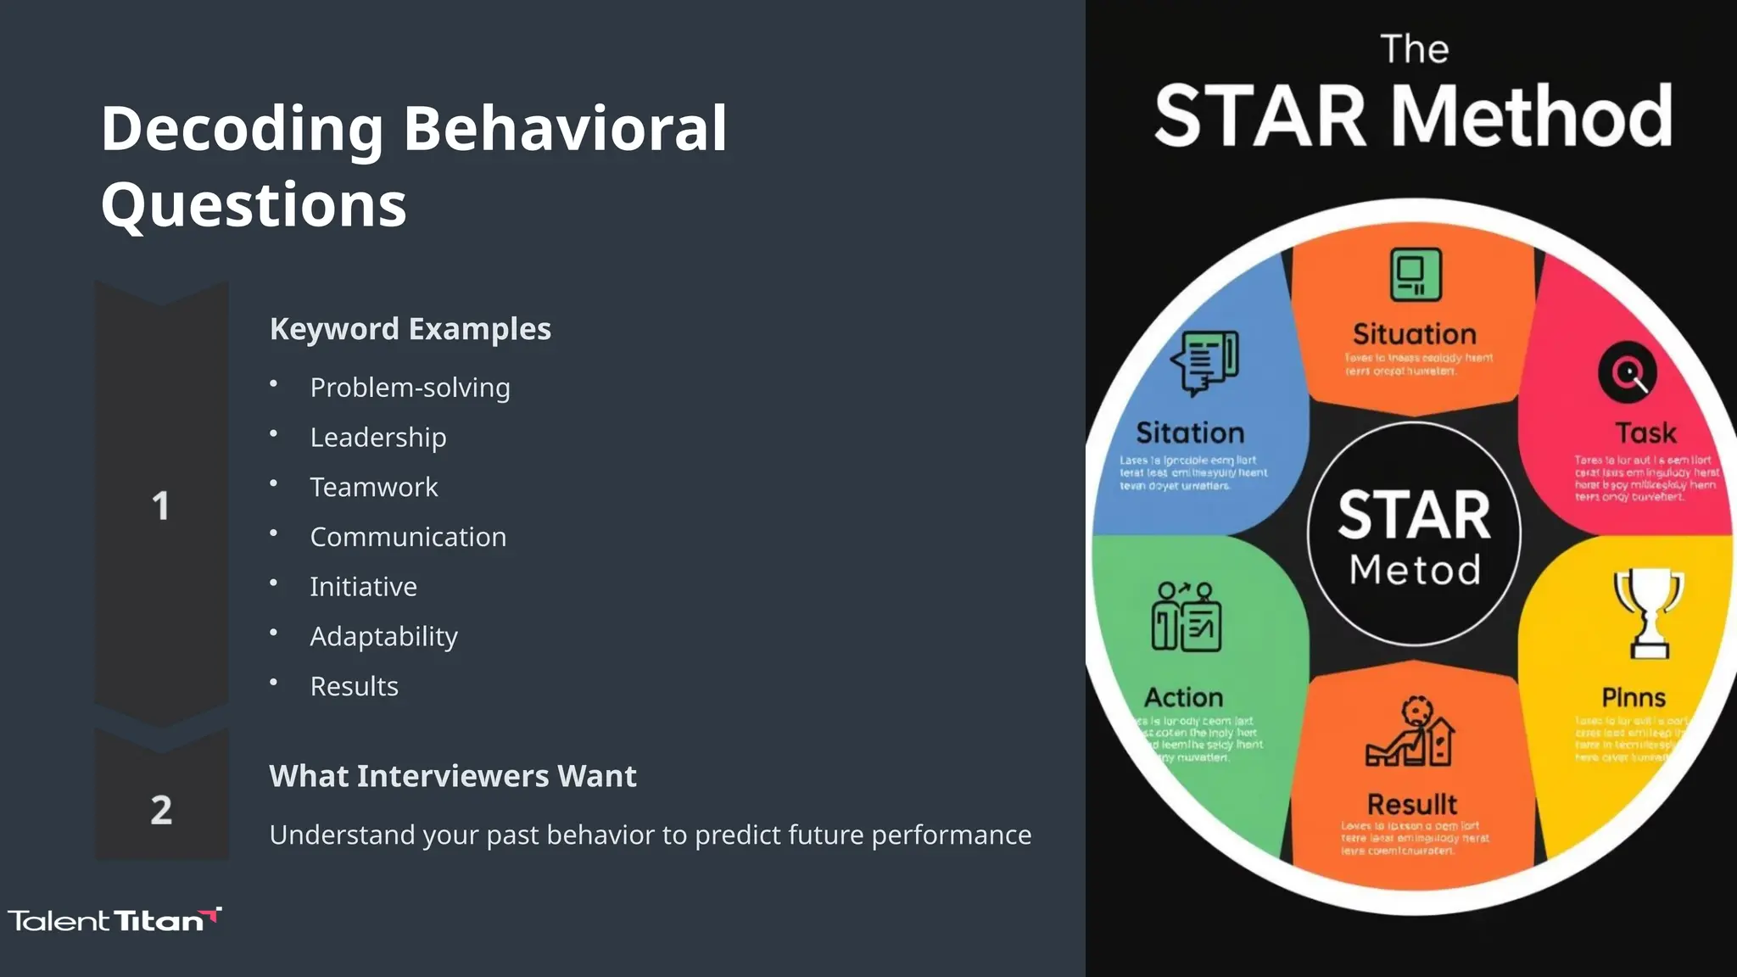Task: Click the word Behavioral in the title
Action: [564, 129]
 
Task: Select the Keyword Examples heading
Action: [410, 329]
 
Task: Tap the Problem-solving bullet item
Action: [410, 388]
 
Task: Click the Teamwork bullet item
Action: [373, 487]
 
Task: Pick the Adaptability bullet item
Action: [383, 636]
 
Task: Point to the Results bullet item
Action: [354, 686]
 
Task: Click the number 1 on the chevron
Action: [160, 506]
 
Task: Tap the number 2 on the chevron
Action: [161, 810]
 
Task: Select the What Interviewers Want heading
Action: [452, 776]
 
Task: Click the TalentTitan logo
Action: [114, 920]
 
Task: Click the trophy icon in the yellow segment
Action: [1648, 612]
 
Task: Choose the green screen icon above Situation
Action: [1415, 274]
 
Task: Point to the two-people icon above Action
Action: [1186, 617]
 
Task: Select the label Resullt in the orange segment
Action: [1411, 804]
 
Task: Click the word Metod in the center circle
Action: [1414, 569]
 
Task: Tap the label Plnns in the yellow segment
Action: [1633, 697]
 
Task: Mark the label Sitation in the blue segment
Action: [1189, 433]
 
